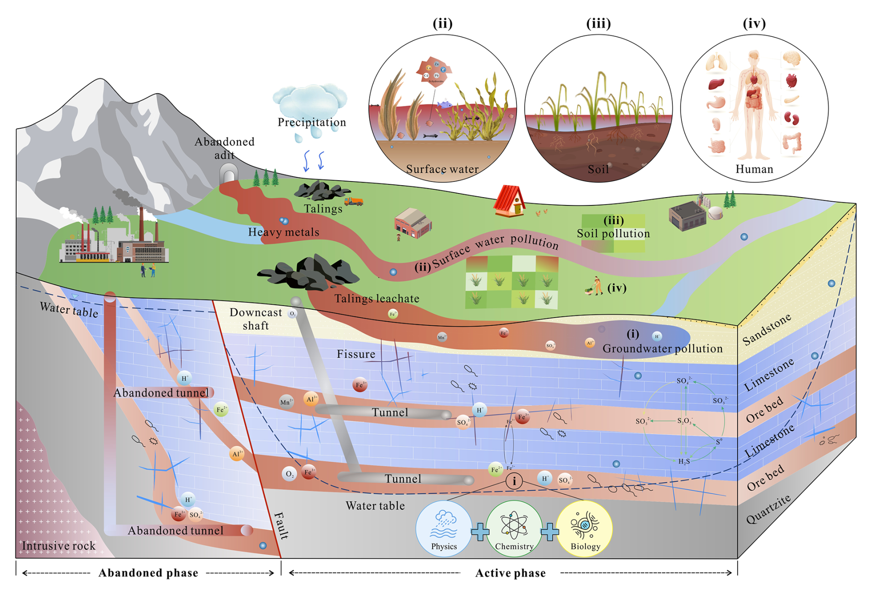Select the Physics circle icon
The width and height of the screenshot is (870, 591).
point(444,529)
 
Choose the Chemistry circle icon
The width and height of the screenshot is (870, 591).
point(514,529)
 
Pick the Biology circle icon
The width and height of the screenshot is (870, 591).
point(584,529)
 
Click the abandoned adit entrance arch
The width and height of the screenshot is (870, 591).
point(229,174)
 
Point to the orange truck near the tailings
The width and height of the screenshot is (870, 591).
point(354,201)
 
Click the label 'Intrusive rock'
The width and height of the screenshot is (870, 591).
point(59,546)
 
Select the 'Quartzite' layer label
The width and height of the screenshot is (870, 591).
point(768,509)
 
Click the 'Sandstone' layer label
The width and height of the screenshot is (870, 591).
point(767,329)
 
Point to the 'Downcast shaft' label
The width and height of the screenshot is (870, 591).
point(256,319)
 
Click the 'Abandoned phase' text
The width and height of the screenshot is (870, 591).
point(148,573)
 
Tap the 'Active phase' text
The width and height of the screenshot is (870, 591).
point(510,573)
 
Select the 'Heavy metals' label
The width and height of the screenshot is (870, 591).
point(283,232)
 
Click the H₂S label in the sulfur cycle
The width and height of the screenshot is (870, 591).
point(684,461)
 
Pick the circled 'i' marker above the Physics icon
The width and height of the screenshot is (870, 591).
point(514,481)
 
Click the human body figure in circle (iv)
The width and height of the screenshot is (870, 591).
point(754,106)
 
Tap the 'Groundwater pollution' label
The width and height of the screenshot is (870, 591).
point(663,349)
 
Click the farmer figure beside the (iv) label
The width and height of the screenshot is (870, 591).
point(596,286)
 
